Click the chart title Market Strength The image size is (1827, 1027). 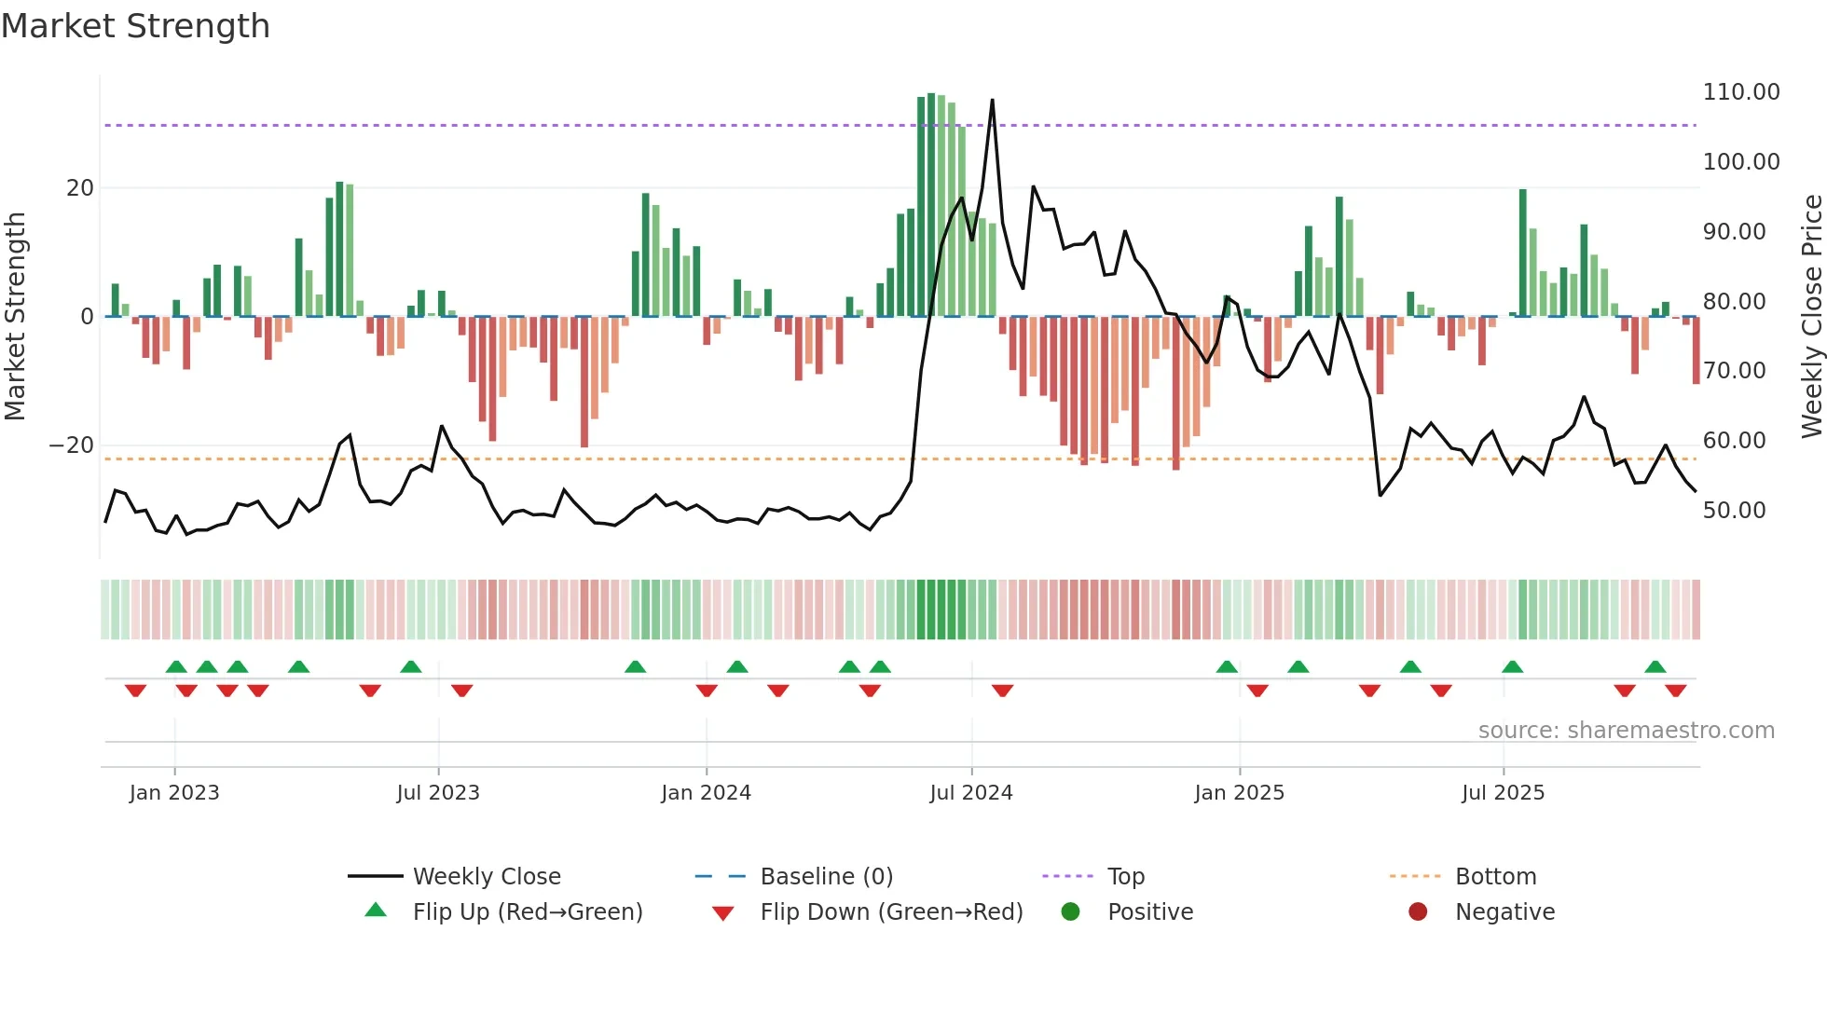coord(135,26)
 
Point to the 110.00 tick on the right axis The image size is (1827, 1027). coord(1740,92)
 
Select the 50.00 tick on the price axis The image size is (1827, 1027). coord(1734,511)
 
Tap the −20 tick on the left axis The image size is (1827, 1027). coord(71,445)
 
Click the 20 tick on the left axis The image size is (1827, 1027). coord(80,188)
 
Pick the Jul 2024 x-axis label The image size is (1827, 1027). coord(970,793)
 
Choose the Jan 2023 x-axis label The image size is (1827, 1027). coord(174,793)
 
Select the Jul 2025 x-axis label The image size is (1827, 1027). coord(1503,793)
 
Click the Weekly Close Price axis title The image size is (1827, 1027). coord(1811,316)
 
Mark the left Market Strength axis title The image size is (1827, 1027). coord(16,316)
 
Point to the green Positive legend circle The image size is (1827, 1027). coord(1070,912)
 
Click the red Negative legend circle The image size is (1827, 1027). coord(1418,912)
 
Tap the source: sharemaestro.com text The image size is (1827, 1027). coord(1626,731)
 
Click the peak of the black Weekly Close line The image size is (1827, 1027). coord(992,100)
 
